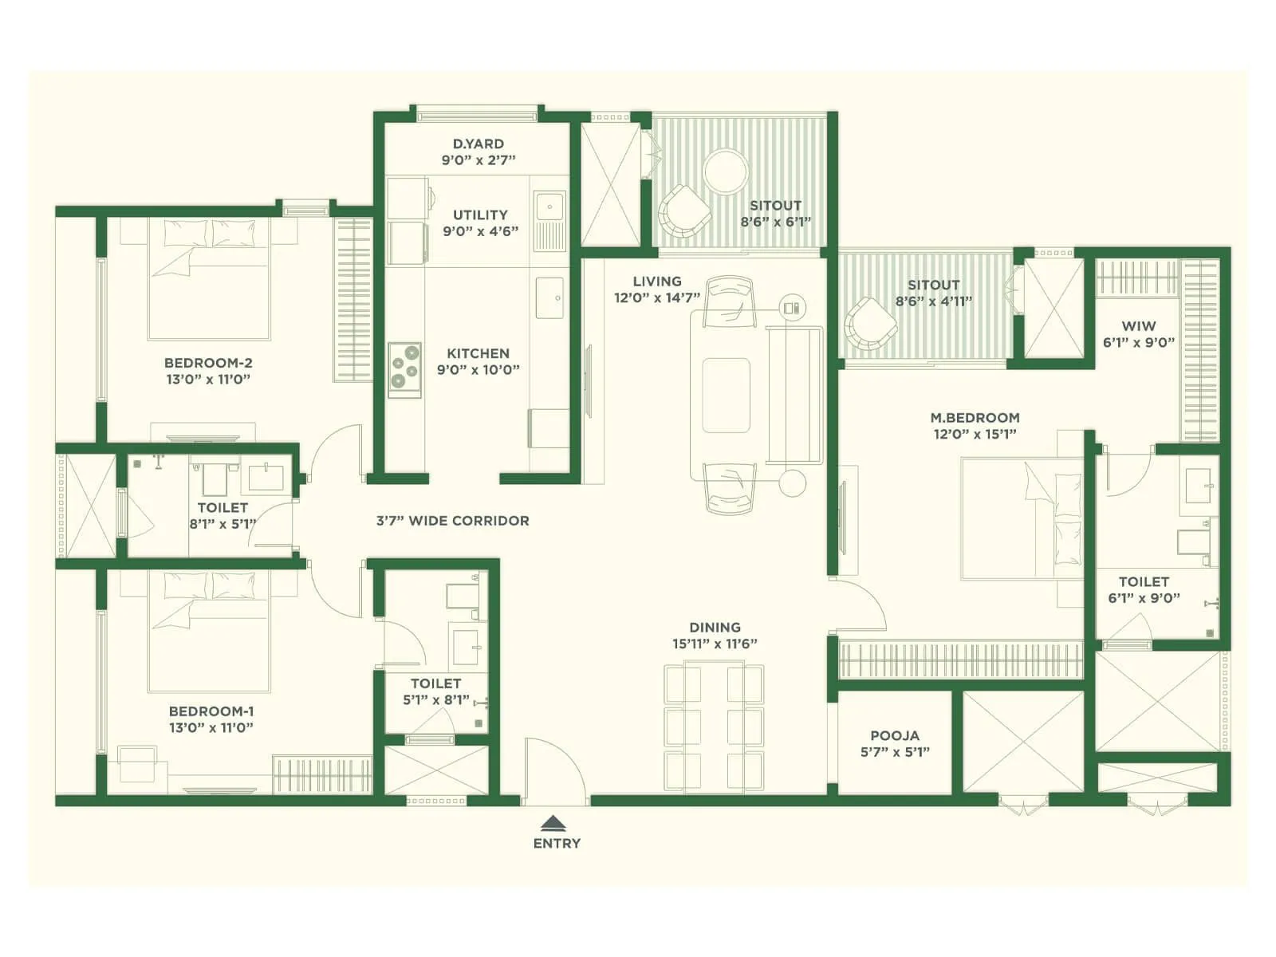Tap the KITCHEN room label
pyautogui.click(x=478, y=353)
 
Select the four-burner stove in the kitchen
pyautogui.click(x=404, y=369)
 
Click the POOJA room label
pyautogui.click(x=894, y=735)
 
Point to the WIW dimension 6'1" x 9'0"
pyautogui.click(x=1139, y=343)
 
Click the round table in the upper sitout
pyautogui.click(x=726, y=171)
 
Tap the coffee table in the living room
pyautogui.click(x=726, y=395)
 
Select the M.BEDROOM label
pyautogui.click(x=975, y=417)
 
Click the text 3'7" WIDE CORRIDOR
pyautogui.click(x=452, y=521)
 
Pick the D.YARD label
pyautogui.click(x=478, y=144)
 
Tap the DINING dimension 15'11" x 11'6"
pyautogui.click(x=715, y=644)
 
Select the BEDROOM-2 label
pyautogui.click(x=208, y=363)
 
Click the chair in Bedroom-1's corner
pyautogui.click(x=136, y=764)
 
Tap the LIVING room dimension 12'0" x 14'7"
pyautogui.click(x=656, y=298)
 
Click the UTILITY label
pyautogui.click(x=480, y=215)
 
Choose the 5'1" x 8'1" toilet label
pyautogui.click(x=435, y=700)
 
